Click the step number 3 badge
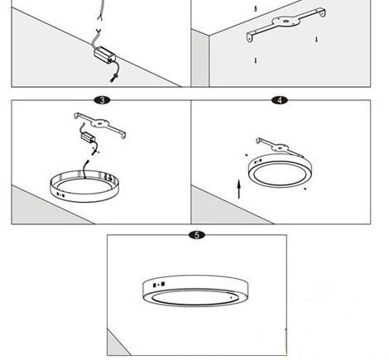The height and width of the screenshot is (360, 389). click(x=101, y=99)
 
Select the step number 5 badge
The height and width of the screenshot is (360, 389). click(x=195, y=235)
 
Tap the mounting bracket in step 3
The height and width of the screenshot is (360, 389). click(x=101, y=122)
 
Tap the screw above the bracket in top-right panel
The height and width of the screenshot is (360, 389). click(x=257, y=7)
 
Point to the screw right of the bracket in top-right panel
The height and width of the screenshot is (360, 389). click(x=316, y=39)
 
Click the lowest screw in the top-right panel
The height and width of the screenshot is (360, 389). click(x=256, y=60)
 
